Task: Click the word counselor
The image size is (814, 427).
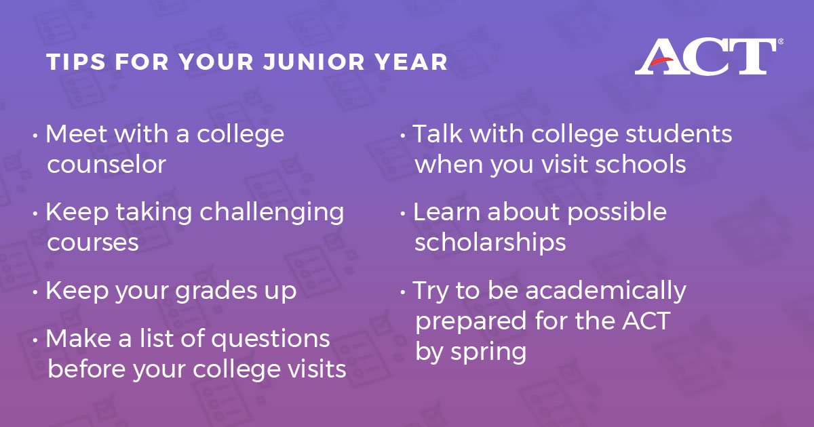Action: tap(106, 165)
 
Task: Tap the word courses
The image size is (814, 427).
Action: tap(93, 243)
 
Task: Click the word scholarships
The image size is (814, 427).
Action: tap(490, 243)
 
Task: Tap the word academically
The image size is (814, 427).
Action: tap(606, 291)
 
